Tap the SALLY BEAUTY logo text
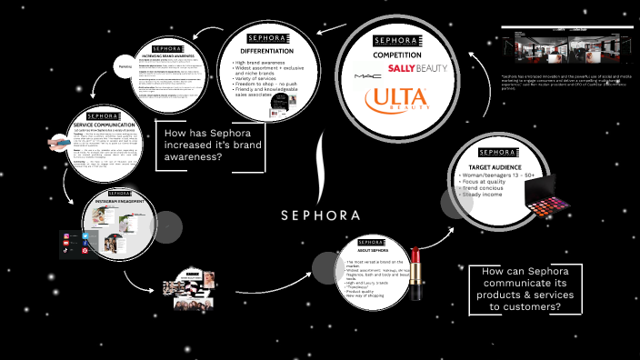click(417, 68)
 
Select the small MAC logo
click(364, 75)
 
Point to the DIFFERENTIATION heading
click(265, 51)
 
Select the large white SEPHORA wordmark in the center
click(321, 215)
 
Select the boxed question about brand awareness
click(212, 144)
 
